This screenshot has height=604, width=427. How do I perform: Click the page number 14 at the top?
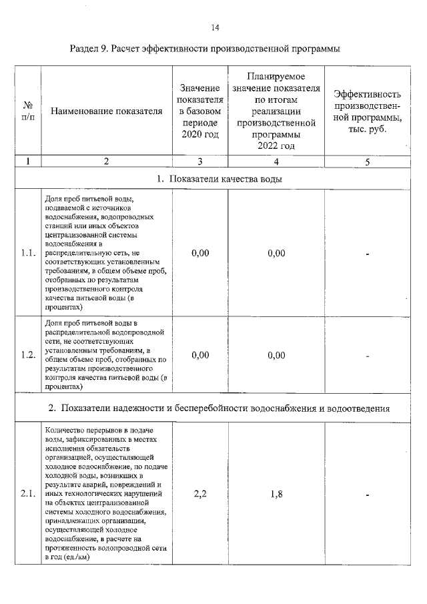[215, 27]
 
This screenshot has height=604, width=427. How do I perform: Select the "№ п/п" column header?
[27, 111]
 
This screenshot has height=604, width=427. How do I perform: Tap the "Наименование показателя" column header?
[107, 111]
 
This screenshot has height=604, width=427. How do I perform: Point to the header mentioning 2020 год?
[199, 111]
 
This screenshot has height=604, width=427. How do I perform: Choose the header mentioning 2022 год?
[276, 111]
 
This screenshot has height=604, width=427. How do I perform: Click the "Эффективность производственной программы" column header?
[368, 111]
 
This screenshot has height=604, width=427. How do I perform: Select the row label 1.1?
[27, 253]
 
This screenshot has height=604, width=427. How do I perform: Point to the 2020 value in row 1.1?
[199, 253]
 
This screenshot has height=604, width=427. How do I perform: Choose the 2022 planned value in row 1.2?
[276, 355]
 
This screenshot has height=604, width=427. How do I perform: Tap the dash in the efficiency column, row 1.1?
[368, 254]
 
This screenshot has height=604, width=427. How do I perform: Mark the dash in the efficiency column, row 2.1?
[368, 495]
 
